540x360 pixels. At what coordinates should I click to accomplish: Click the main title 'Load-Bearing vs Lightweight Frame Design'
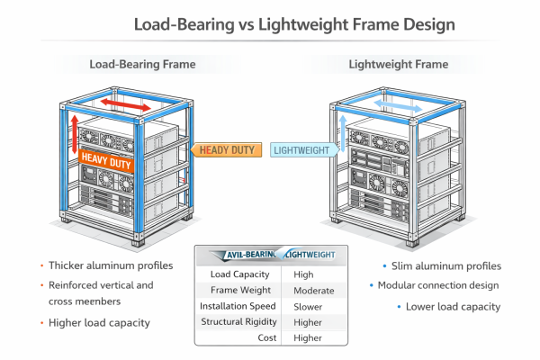coord(270,25)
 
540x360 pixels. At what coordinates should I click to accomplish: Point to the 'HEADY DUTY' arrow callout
coord(226,150)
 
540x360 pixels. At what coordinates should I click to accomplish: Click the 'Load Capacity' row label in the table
coord(239,274)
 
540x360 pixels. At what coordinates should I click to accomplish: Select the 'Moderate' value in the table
coord(313,291)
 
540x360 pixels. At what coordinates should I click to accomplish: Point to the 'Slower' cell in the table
coord(308,307)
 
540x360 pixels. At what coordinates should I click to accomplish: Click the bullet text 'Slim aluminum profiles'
coord(442,265)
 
